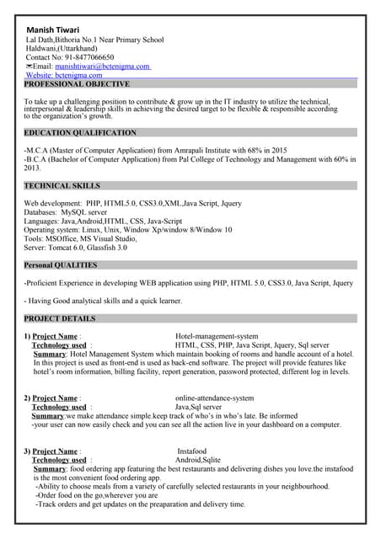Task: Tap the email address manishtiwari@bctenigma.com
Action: click(103, 66)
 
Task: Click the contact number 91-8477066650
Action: click(83, 57)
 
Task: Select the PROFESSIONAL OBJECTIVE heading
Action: click(77, 84)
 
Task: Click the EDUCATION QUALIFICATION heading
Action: click(80, 133)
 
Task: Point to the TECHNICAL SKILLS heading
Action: click(62, 185)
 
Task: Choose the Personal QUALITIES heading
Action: click(61, 264)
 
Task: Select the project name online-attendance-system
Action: click(214, 398)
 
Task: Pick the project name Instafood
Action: click(191, 451)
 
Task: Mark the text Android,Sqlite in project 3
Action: click(198, 461)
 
